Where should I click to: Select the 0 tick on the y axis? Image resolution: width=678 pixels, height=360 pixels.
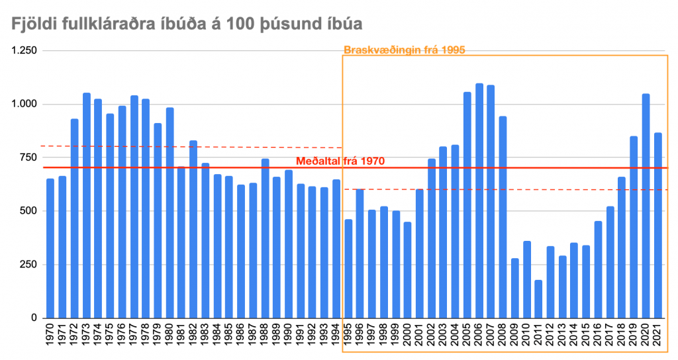[x=32, y=318]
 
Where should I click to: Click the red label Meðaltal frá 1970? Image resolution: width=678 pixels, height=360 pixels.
[x=340, y=161]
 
